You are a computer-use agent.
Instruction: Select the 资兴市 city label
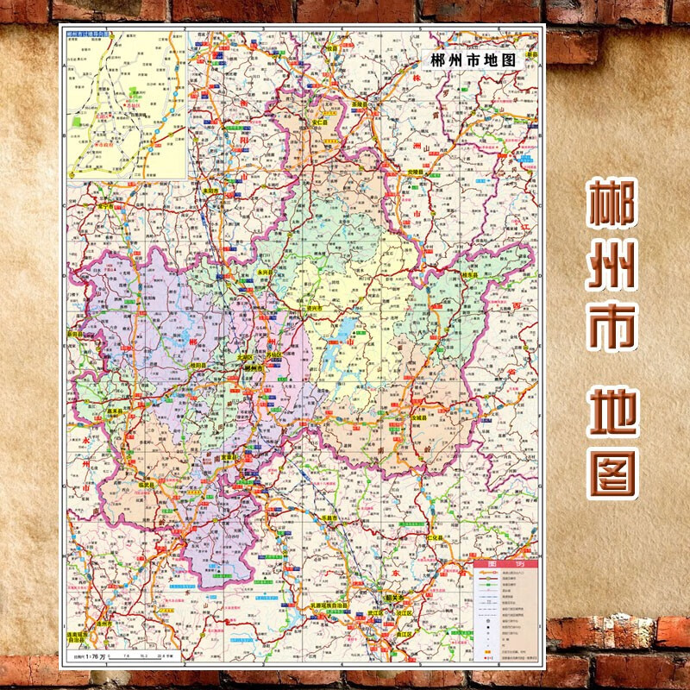coord(313,307)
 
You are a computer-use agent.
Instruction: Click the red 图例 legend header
coord(505,564)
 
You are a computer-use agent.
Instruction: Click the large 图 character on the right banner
coord(612,471)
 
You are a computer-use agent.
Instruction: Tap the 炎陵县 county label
coord(417,172)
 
